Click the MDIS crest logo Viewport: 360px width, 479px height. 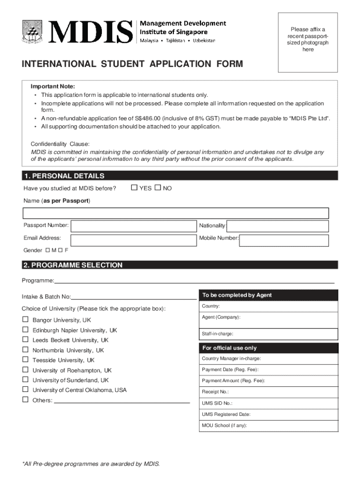[32, 32]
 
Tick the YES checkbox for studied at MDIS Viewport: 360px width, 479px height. [134, 188]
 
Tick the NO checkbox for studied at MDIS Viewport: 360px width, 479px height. [158, 188]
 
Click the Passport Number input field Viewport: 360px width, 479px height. [133, 226]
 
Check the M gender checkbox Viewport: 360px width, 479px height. [48, 250]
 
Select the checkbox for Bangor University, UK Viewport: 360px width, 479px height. [26, 320]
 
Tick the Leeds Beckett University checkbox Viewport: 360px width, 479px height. [26, 340]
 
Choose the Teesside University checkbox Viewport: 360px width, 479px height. [26, 360]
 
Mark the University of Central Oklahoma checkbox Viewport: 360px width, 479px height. [26, 389]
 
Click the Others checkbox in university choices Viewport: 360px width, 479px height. [26, 399]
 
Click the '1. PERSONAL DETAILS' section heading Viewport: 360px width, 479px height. [64, 176]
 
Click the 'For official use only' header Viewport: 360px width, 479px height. [229, 348]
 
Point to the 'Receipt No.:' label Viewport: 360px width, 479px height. [215, 392]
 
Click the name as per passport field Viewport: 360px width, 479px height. [176, 213]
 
